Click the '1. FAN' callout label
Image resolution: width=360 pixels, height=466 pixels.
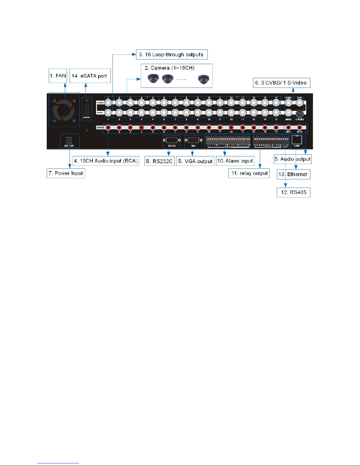(x=58, y=76)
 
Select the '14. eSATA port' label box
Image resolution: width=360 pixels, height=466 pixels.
(x=90, y=76)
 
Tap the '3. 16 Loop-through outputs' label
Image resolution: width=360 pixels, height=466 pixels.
(x=172, y=55)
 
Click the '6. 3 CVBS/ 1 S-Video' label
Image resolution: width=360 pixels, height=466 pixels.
(x=281, y=83)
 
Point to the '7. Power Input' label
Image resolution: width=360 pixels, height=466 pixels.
(x=66, y=173)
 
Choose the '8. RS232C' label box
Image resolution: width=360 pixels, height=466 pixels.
(x=159, y=161)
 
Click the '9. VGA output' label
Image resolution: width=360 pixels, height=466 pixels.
(x=195, y=161)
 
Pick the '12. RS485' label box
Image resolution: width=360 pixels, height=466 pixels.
(x=293, y=192)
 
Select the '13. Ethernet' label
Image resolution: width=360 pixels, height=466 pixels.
(x=293, y=174)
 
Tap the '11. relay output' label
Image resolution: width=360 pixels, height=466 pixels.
(x=249, y=173)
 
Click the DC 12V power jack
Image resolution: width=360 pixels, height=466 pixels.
(x=69, y=140)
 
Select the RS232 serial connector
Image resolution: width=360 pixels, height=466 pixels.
(x=172, y=140)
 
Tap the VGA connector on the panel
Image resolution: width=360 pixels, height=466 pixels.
(x=193, y=140)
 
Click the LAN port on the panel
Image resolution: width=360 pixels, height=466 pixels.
(x=297, y=140)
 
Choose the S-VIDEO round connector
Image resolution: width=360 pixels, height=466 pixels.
(x=299, y=113)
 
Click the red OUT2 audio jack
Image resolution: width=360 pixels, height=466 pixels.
(x=299, y=128)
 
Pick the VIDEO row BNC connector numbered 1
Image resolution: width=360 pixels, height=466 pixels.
(x=108, y=103)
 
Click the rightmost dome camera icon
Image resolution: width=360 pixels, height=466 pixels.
(x=203, y=79)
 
